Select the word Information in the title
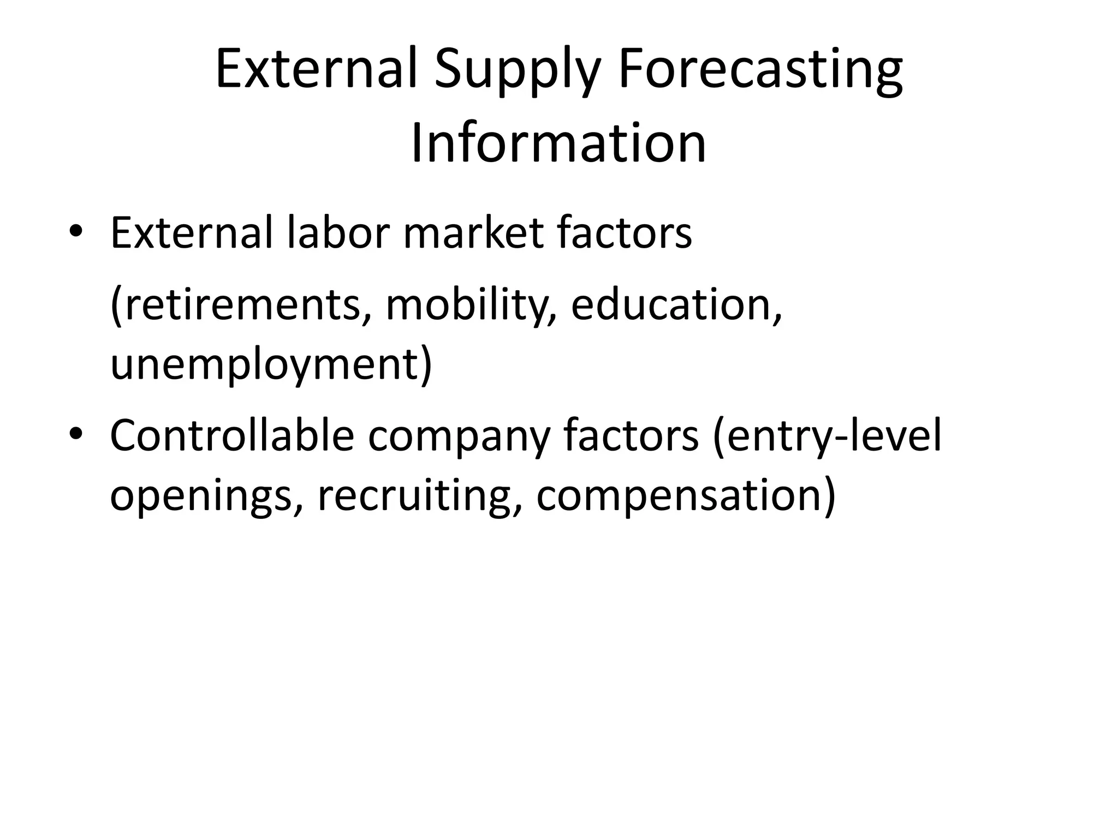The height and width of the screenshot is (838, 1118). point(558,143)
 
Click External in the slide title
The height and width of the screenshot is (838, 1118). point(317,69)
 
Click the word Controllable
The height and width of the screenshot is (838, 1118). point(232,435)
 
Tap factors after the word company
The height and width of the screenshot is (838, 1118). point(630,435)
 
